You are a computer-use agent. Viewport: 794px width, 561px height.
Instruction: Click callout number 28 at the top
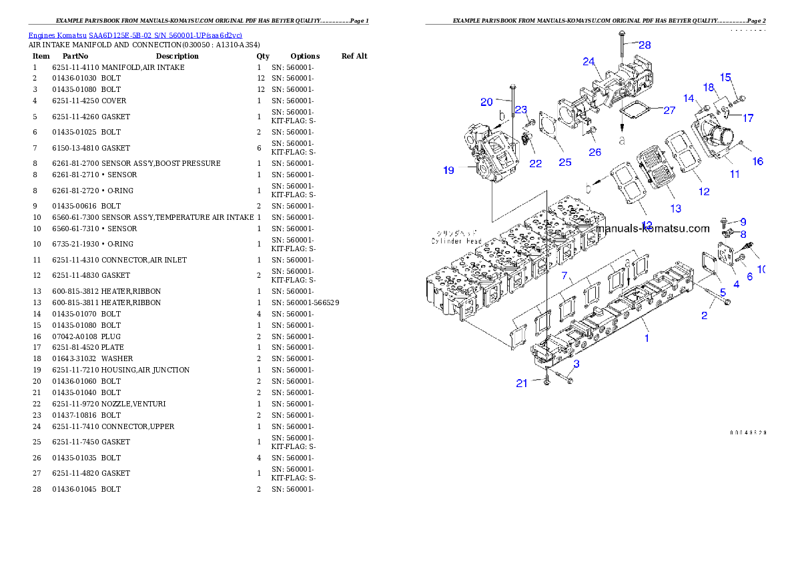[644, 45]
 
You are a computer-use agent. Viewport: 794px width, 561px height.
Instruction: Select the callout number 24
[588, 61]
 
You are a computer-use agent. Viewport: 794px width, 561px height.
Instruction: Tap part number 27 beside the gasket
[669, 111]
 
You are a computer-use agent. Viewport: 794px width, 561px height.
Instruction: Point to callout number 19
[448, 171]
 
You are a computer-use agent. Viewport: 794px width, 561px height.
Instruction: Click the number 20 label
[486, 102]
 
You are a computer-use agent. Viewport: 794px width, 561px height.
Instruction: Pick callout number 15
[725, 77]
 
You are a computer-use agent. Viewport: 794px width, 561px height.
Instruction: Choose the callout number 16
[757, 161]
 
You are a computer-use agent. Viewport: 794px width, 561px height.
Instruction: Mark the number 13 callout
[676, 209]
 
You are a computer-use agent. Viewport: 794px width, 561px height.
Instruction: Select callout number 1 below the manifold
[646, 338]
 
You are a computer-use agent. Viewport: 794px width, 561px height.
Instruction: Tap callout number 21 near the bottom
[521, 383]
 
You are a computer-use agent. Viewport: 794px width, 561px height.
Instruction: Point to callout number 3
[576, 364]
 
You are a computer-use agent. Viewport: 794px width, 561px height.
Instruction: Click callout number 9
[743, 222]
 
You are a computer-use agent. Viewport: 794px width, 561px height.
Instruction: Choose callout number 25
[565, 162]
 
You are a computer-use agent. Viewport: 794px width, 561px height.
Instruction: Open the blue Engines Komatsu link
[135, 35]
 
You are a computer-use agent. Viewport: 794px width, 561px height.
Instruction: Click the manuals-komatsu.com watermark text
[653, 229]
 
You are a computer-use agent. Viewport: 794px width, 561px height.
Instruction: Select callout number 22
[536, 163]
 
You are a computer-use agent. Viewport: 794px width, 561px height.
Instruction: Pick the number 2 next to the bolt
[704, 316]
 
